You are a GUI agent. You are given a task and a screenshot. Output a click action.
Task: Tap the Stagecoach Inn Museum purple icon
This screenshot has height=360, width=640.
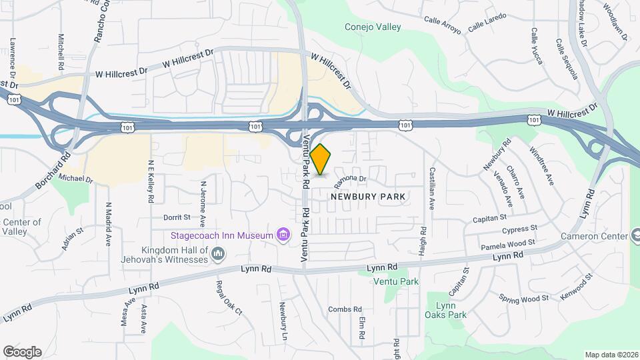(283, 235)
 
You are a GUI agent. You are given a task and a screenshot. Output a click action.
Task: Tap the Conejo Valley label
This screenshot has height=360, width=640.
(373, 27)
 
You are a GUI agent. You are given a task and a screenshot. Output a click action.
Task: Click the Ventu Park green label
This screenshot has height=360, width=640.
(396, 281)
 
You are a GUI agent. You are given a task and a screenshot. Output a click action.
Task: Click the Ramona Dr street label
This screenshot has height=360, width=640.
(351, 179)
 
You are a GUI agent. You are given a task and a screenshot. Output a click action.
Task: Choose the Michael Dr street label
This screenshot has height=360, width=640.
(75, 179)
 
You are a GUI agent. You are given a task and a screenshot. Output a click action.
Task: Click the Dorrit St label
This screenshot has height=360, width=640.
(177, 217)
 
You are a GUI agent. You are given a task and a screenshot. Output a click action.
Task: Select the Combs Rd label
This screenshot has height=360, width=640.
(345, 309)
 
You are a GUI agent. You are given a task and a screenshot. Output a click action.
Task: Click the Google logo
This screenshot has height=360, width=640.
(22, 352)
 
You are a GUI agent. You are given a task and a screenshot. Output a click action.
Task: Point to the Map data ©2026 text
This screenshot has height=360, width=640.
(610, 355)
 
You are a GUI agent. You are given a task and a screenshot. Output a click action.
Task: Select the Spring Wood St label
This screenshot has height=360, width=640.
(522, 298)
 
